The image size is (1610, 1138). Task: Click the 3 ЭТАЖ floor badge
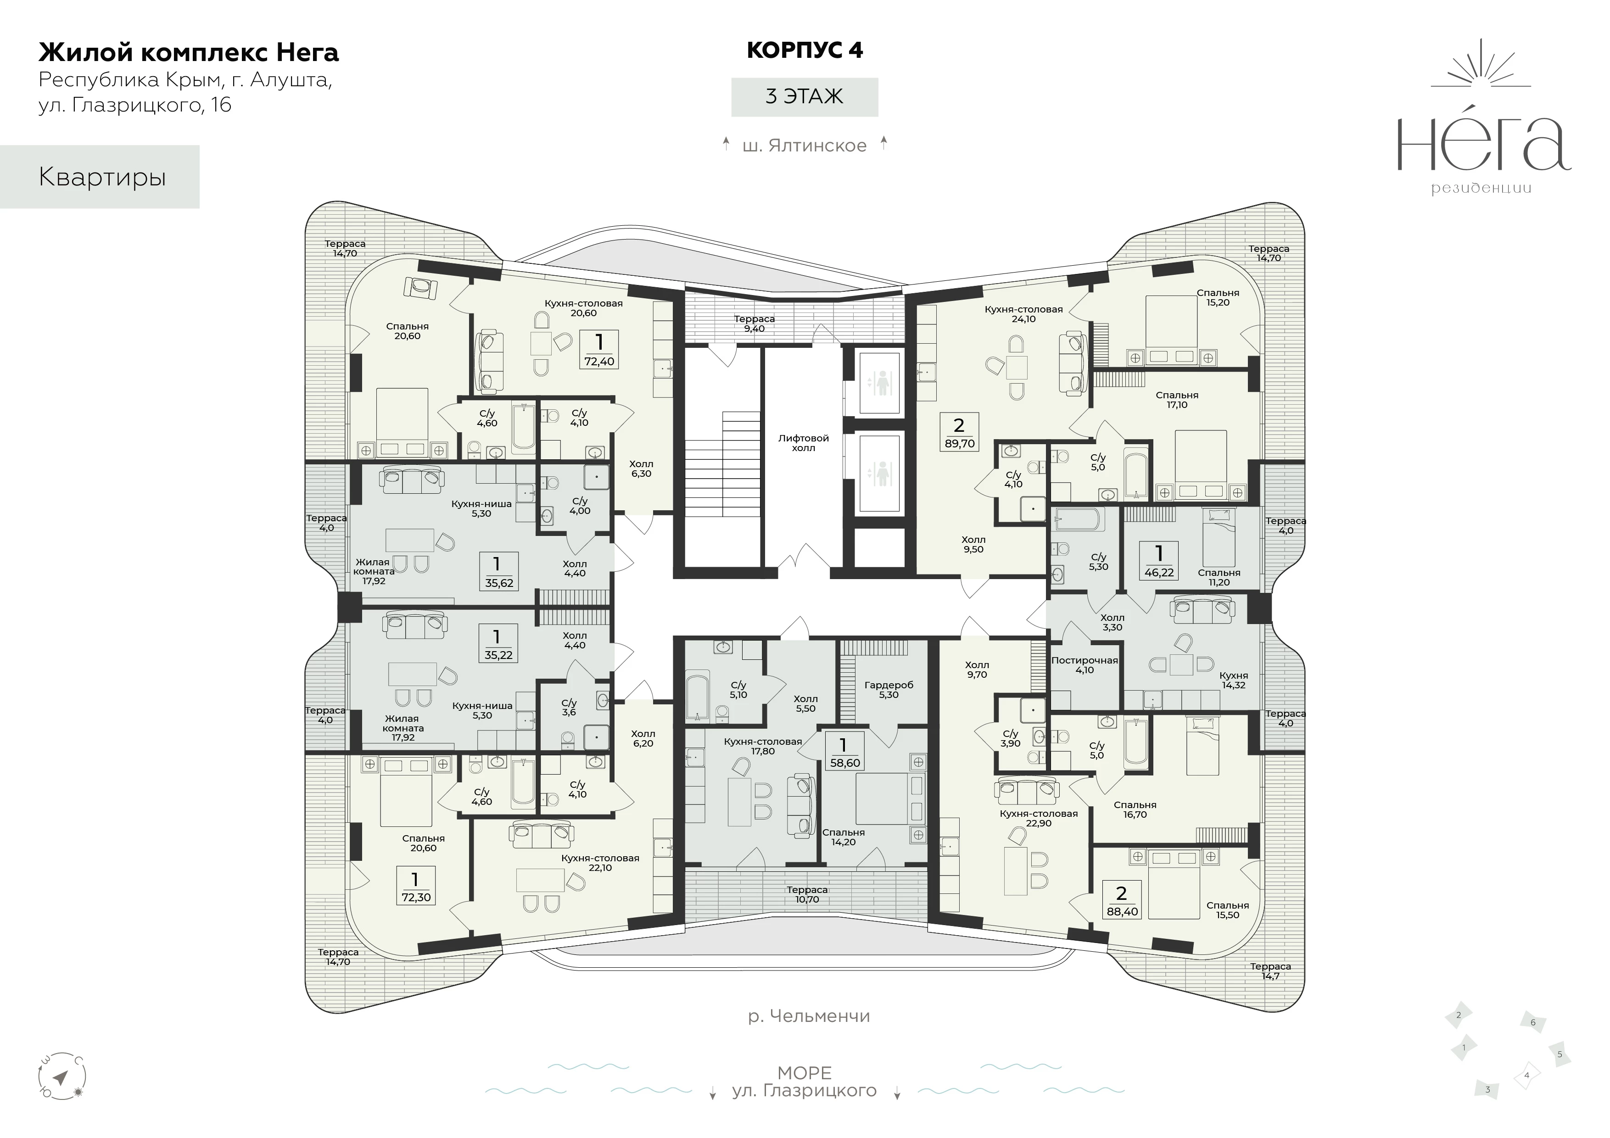click(804, 97)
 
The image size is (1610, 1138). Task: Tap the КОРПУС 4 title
click(804, 50)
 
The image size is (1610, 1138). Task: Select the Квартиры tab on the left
click(100, 177)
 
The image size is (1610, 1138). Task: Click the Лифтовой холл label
click(804, 442)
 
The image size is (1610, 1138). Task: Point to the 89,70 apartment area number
click(959, 444)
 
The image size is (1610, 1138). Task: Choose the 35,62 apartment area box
click(498, 571)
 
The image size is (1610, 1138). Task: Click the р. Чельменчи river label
click(809, 1016)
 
